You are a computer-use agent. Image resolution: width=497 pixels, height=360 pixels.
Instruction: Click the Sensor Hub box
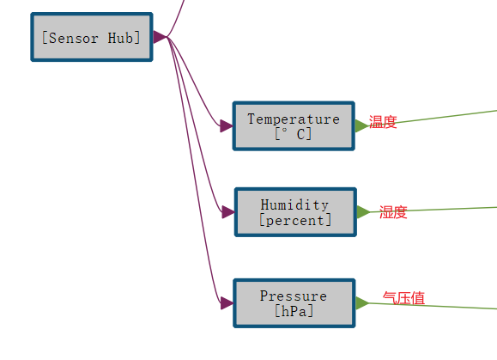pos(91,37)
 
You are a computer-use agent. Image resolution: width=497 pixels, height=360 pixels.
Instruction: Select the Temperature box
pos(294,125)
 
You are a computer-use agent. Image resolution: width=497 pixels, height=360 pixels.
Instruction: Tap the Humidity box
pos(294,211)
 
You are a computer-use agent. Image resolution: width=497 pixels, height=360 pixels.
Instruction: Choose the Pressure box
pos(294,302)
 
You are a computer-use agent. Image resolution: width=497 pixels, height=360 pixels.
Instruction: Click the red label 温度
pos(383,122)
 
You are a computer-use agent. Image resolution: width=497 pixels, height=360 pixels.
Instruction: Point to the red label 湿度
pos(393,212)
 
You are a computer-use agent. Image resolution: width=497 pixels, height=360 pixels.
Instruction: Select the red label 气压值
pos(403,298)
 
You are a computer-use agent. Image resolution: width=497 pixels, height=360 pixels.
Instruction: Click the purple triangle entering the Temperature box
pos(226,126)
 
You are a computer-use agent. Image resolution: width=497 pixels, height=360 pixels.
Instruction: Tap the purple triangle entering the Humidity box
pos(227,211)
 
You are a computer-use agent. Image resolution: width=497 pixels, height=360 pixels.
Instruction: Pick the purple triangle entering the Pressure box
pos(226,302)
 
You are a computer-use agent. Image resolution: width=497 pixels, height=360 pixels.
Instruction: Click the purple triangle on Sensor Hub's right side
pos(160,37)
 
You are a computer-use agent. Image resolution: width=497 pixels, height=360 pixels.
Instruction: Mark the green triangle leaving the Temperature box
pos(361,125)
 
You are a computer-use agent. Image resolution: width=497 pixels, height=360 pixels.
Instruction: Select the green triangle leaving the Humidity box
pos(362,211)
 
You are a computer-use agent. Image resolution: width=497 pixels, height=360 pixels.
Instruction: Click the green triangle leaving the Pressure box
pos(361,302)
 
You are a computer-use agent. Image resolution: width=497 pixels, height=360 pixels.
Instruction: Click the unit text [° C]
pos(294,134)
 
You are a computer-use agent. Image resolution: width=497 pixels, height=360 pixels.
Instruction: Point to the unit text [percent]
pos(294,220)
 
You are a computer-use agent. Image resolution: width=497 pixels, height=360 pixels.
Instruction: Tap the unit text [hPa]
pos(294,311)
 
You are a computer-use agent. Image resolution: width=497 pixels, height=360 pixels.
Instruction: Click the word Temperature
pos(294,119)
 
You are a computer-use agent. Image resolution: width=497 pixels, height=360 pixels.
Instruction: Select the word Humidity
pos(294,204)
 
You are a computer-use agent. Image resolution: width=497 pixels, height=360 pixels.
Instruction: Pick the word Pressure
pos(294,296)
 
